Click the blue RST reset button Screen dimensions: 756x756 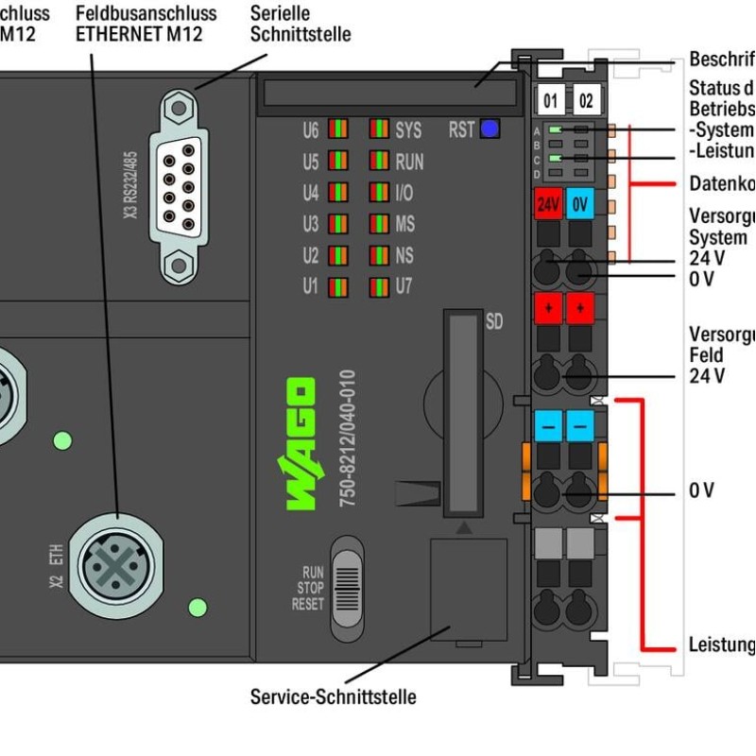point(489,129)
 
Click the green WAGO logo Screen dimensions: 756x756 point(301,444)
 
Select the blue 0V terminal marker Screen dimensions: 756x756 point(579,203)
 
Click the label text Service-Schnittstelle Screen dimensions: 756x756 point(333,697)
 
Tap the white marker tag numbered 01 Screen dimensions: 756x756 point(551,100)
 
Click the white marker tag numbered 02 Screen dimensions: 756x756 point(586,100)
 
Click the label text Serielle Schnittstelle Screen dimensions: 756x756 point(300,24)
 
